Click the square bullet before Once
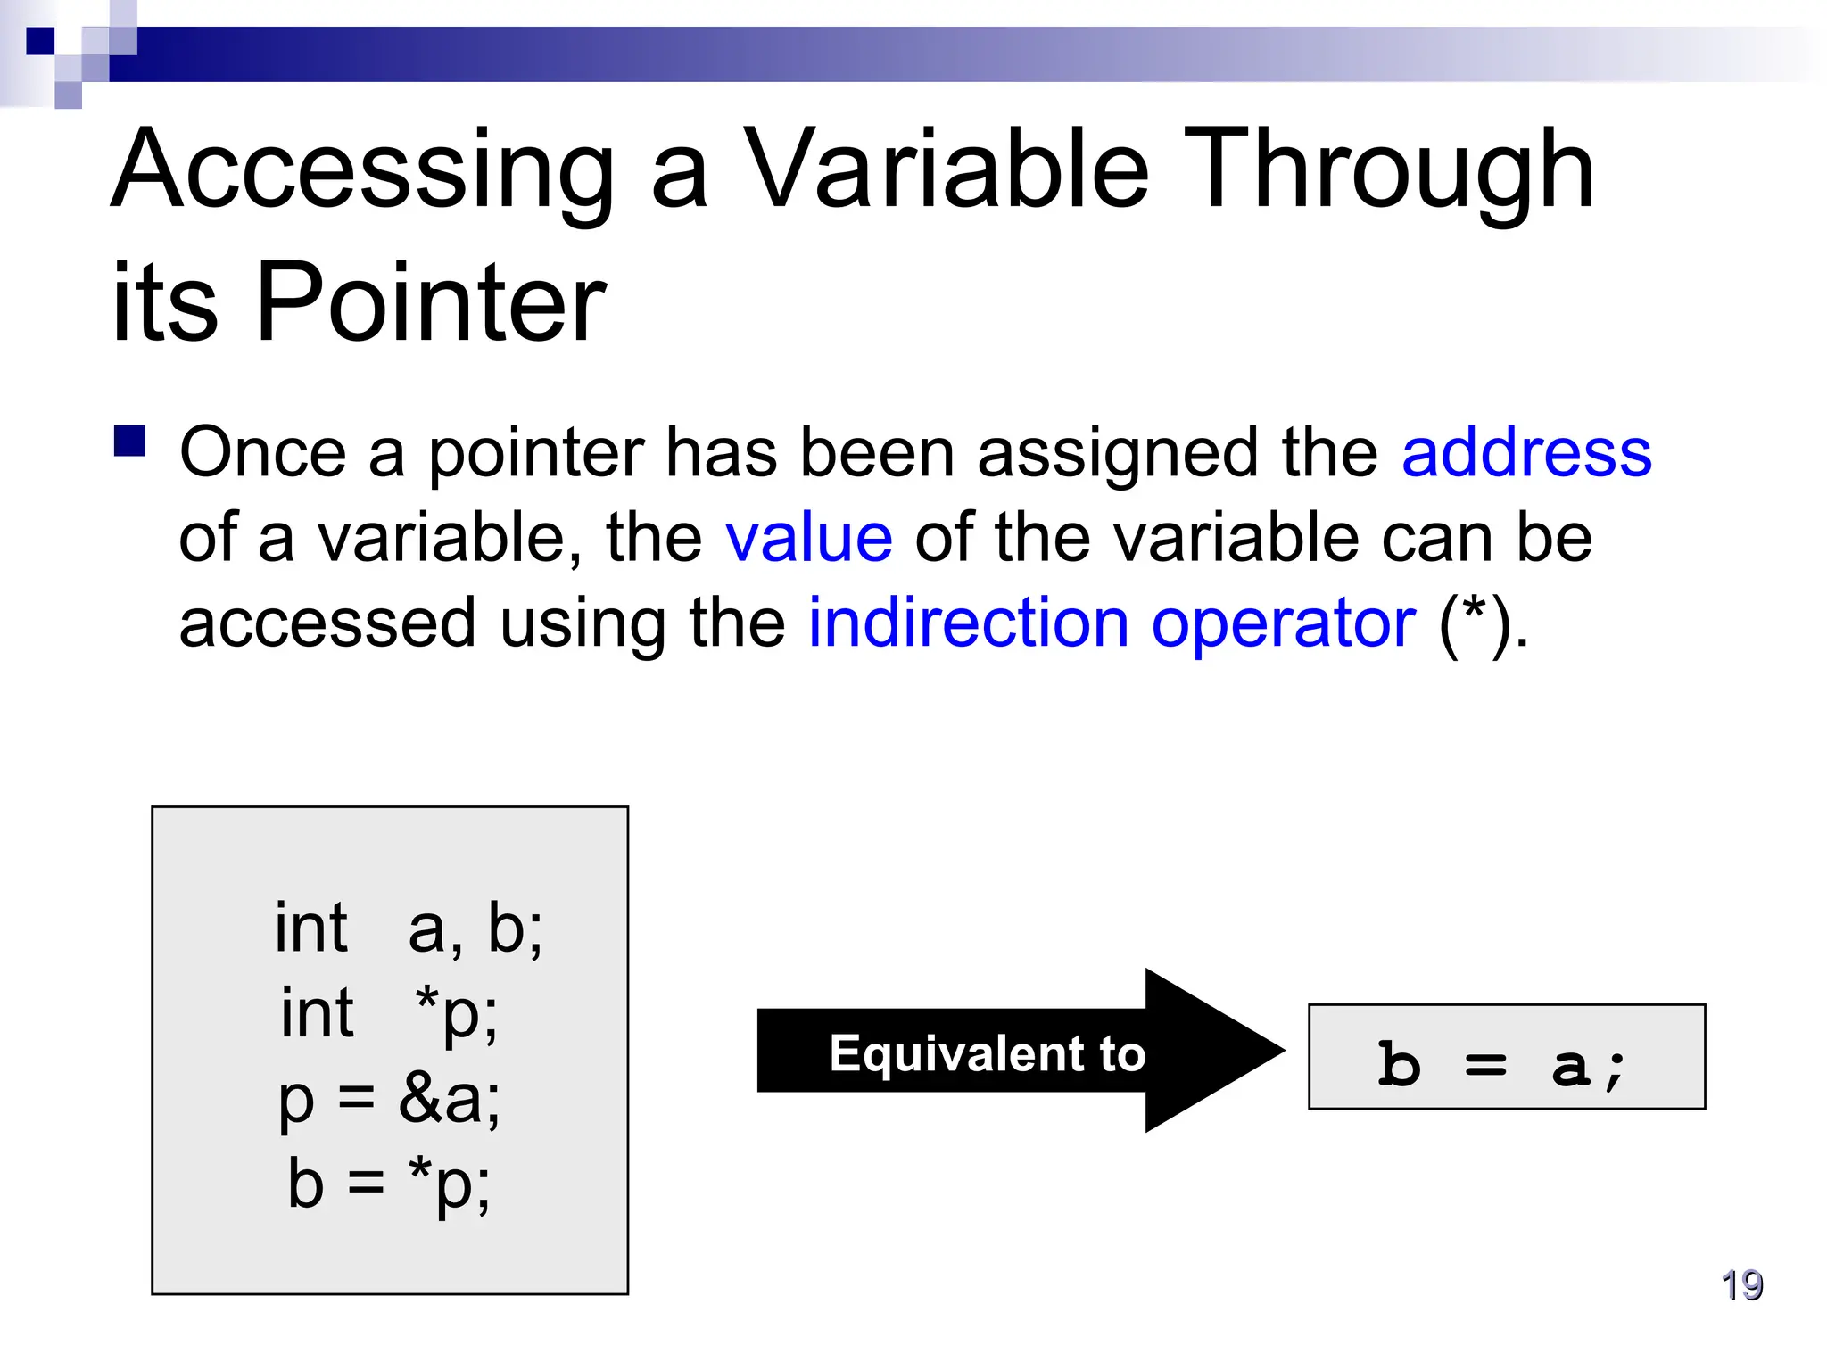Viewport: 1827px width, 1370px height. [130, 441]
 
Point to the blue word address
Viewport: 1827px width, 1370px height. [1526, 453]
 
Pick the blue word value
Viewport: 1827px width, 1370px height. [808, 538]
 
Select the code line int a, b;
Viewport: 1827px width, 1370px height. [408, 928]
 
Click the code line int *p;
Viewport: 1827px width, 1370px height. [389, 1013]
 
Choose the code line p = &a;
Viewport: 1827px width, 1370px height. [389, 1099]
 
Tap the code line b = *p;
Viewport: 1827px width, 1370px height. [389, 1184]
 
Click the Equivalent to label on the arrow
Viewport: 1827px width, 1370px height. [987, 1053]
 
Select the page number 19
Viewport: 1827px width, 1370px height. [1741, 1285]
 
